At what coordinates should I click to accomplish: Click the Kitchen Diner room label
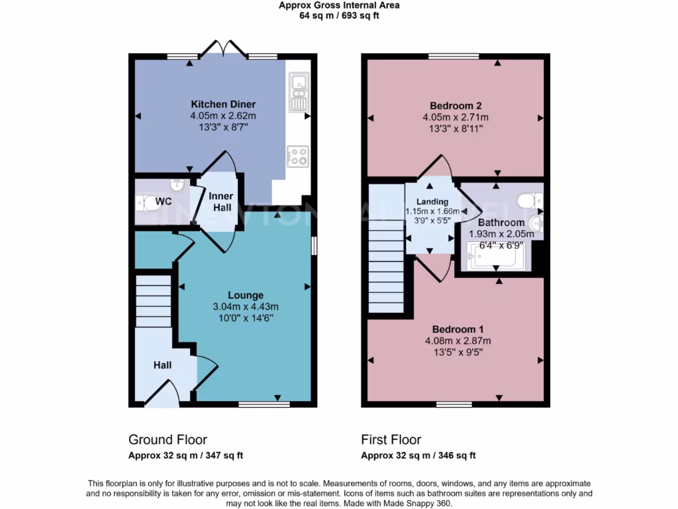[x=223, y=104]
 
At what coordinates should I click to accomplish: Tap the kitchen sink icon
[x=298, y=91]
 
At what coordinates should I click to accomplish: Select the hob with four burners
[x=298, y=156]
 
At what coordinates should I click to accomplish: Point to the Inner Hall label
[x=221, y=202]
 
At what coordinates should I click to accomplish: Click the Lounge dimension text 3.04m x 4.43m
[x=246, y=306]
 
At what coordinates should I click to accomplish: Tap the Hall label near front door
[x=163, y=365]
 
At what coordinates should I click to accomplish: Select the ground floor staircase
[x=154, y=302]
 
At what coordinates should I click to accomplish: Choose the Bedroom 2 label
[x=456, y=105]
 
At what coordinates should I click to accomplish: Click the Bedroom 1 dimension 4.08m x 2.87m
[x=458, y=341]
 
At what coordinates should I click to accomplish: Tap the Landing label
[x=432, y=201]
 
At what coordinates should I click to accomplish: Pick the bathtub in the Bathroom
[x=496, y=258]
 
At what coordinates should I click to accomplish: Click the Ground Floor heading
[x=168, y=439]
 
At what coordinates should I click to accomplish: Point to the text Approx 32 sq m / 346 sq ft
[x=418, y=455]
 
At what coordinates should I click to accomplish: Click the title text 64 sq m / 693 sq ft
[x=339, y=15]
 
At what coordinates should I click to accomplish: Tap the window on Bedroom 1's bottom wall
[x=454, y=404]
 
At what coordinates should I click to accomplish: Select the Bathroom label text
[x=501, y=223]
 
